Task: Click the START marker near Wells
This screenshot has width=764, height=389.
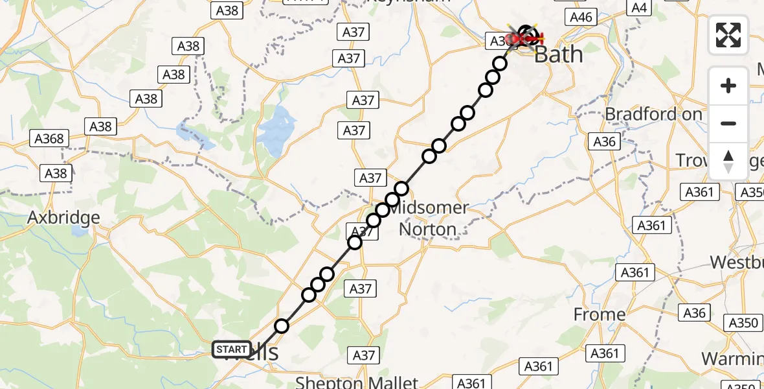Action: pyautogui.click(x=232, y=349)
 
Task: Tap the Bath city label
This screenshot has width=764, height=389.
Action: pyautogui.click(x=558, y=54)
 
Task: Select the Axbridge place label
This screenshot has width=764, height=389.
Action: pyautogui.click(x=63, y=217)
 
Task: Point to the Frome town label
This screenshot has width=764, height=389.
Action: pyautogui.click(x=600, y=315)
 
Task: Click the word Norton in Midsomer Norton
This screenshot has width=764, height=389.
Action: pyautogui.click(x=427, y=229)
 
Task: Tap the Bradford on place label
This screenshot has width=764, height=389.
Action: pyautogui.click(x=653, y=114)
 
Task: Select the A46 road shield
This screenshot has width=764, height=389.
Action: pyautogui.click(x=580, y=18)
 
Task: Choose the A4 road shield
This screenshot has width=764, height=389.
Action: pyautogui.click(x=639, y=8)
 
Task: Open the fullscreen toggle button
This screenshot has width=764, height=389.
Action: pyautogui.click(x=728, y=35)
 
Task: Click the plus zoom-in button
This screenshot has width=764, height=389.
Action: pyautogui.click(x=728, y=86)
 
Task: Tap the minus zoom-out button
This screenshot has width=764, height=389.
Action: pyautogui.click(x=728, y=123)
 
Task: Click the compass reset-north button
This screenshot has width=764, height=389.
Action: pyautogui.click(x=728, y=161)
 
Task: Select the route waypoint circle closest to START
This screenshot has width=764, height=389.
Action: pyautogui.click(x=281, y=326)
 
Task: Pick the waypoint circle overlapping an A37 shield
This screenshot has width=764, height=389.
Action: pyautogui.click(x=355, y=242)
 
